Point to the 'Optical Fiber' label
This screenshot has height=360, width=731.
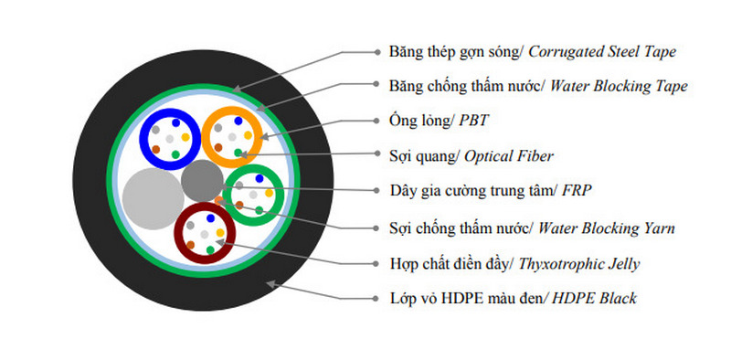pos(509,155)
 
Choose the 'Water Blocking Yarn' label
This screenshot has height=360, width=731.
pos(609,227)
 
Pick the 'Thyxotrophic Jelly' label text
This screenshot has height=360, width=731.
pos(578,263)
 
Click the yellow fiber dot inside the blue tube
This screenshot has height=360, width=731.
pos(185,136)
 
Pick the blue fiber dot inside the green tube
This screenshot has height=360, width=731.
pos(260,178)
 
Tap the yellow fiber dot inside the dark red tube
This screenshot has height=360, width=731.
pos(220,233)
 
